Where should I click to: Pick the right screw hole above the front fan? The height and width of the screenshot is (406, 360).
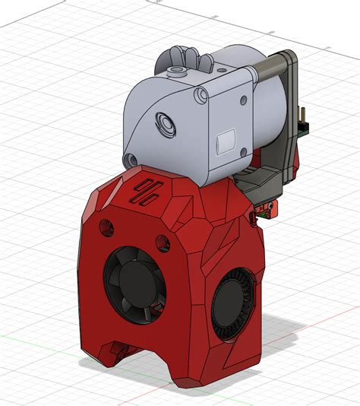point(161,241)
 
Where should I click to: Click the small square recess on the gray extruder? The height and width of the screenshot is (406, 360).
point(226,142)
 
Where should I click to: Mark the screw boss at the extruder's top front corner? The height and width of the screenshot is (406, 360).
point(201,96)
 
